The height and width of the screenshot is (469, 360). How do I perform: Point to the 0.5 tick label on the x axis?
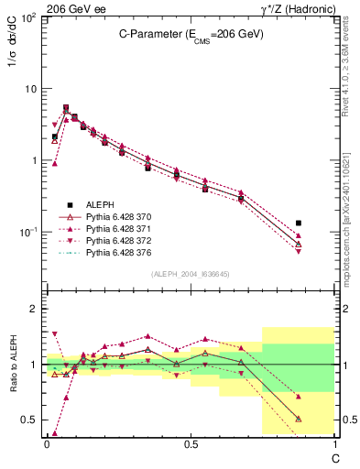190,443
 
